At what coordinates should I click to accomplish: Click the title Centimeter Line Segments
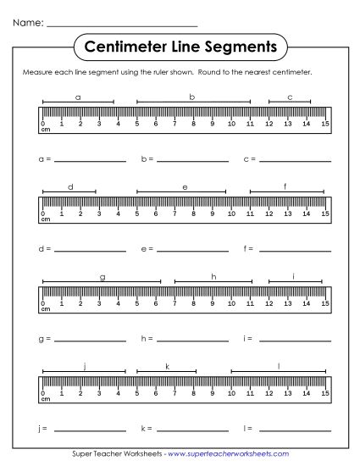(180, 45)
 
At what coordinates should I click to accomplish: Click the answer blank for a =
(89, 159)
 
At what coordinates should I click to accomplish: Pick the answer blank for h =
(192, 340)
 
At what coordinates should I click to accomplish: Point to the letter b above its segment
(192, 97)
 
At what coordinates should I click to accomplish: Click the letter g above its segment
(102, 277)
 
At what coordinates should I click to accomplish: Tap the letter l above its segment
(279, 366)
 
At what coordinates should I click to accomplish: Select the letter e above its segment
(185, 186)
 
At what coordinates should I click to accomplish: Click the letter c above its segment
(290, 97)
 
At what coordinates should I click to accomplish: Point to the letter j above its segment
(84, 366)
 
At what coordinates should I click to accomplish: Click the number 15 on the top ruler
(325, 125)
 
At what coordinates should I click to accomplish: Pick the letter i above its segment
(293, 277)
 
